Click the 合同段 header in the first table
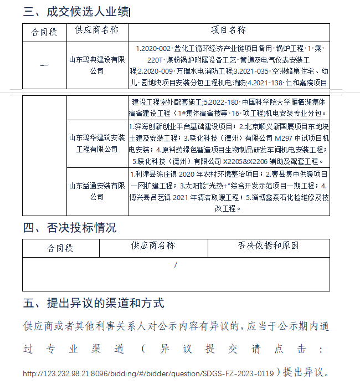click(x=44, y=32)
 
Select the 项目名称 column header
click(x=229, y=30)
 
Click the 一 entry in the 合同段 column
click(x=44, y=65)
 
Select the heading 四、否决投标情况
click(x=70, y=227)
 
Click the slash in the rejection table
click(x=176, y=265)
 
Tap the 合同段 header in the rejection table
click(x=60, y=248)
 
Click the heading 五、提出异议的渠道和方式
click(x=94, y=303)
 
